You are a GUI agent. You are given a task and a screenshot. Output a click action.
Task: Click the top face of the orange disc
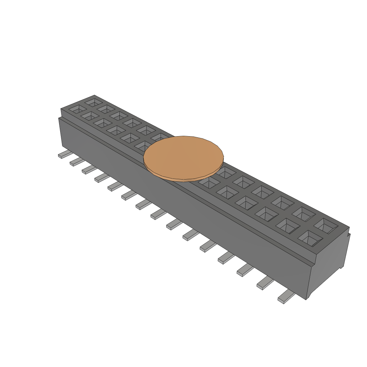coord(183,156)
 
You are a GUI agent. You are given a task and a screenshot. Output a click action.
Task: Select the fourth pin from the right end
coord(226,257)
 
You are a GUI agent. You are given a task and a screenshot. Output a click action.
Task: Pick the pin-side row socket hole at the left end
coord(77,109)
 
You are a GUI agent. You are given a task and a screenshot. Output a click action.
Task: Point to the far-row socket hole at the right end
coord(326,226)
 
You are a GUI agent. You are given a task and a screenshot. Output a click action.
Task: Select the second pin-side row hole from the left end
coord(90,115)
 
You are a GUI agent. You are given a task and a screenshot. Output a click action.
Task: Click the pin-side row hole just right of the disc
coord(209,183)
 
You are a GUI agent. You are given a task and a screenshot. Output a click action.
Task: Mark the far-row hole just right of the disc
coord(225,173)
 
